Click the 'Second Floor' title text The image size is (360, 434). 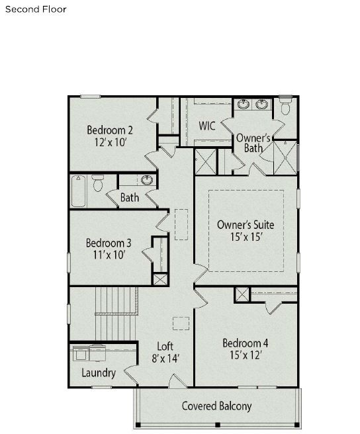[x=36, y=10]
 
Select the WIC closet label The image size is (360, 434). [x=206, y=125]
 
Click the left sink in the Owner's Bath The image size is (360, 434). [x=244, y=105]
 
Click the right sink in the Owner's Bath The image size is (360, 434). [x=262, y=105]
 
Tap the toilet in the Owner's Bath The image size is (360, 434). [x=286, y=107]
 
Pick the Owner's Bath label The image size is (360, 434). [x=253, y=143]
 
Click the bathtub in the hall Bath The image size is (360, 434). [x=78, y=191]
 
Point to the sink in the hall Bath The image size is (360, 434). [x=146, y=179]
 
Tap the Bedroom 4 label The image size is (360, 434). [x=245, y=343]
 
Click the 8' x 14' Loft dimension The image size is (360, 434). [x=165, y=359]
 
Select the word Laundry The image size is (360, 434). [x=99, y=373]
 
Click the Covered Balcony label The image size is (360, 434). [x=217, y=406]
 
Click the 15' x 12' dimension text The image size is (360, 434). [x=245, y=355]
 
